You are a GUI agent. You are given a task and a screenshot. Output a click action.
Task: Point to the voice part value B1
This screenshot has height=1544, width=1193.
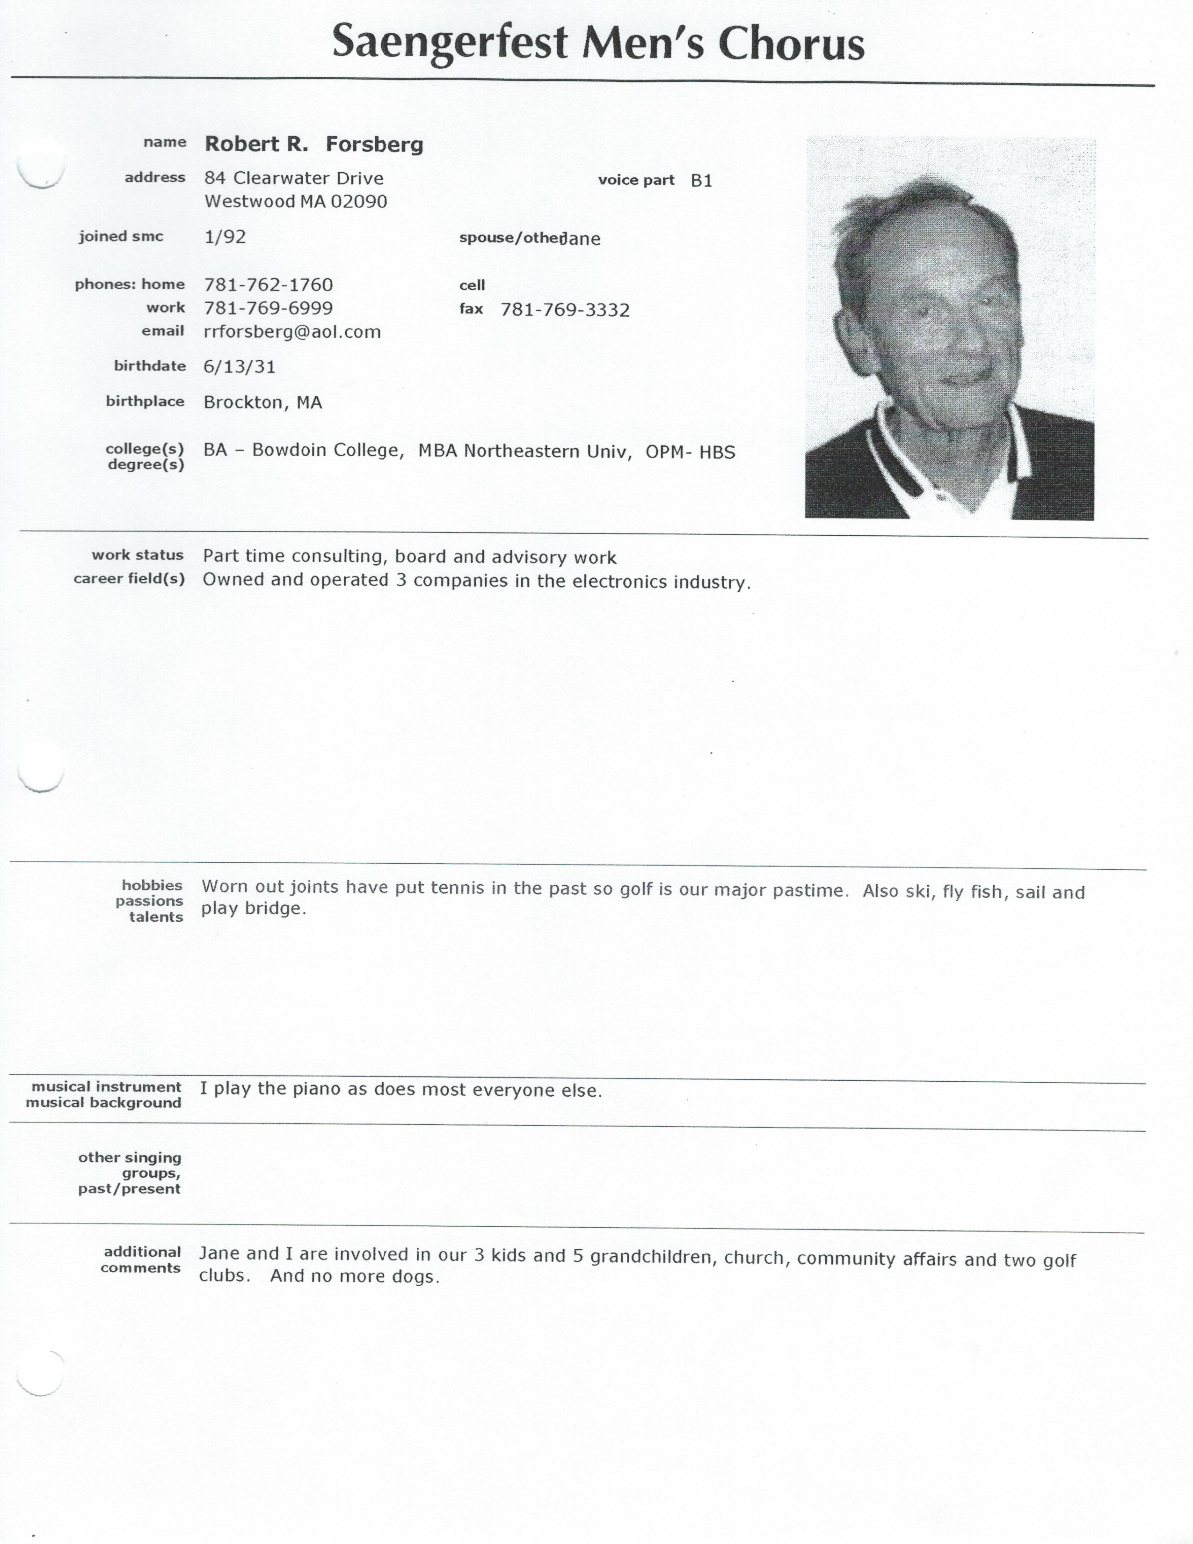701,181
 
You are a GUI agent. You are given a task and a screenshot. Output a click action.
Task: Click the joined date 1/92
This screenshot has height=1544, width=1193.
225,237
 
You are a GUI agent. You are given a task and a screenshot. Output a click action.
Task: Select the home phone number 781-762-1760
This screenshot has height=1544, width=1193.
268,285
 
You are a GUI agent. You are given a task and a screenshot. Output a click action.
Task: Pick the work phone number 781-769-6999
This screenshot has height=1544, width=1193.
268,308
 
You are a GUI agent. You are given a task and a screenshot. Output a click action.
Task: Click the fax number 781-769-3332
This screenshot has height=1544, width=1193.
565,310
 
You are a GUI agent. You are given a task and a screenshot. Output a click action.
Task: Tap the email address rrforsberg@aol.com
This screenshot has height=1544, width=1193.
292,332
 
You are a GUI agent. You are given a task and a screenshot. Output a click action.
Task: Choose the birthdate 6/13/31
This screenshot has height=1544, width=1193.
239,367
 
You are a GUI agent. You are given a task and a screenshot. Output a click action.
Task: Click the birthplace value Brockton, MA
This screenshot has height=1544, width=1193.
262,403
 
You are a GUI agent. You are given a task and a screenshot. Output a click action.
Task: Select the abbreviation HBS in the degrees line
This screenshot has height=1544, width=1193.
717,452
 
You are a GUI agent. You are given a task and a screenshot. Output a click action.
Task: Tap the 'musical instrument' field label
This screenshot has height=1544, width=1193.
106,1086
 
